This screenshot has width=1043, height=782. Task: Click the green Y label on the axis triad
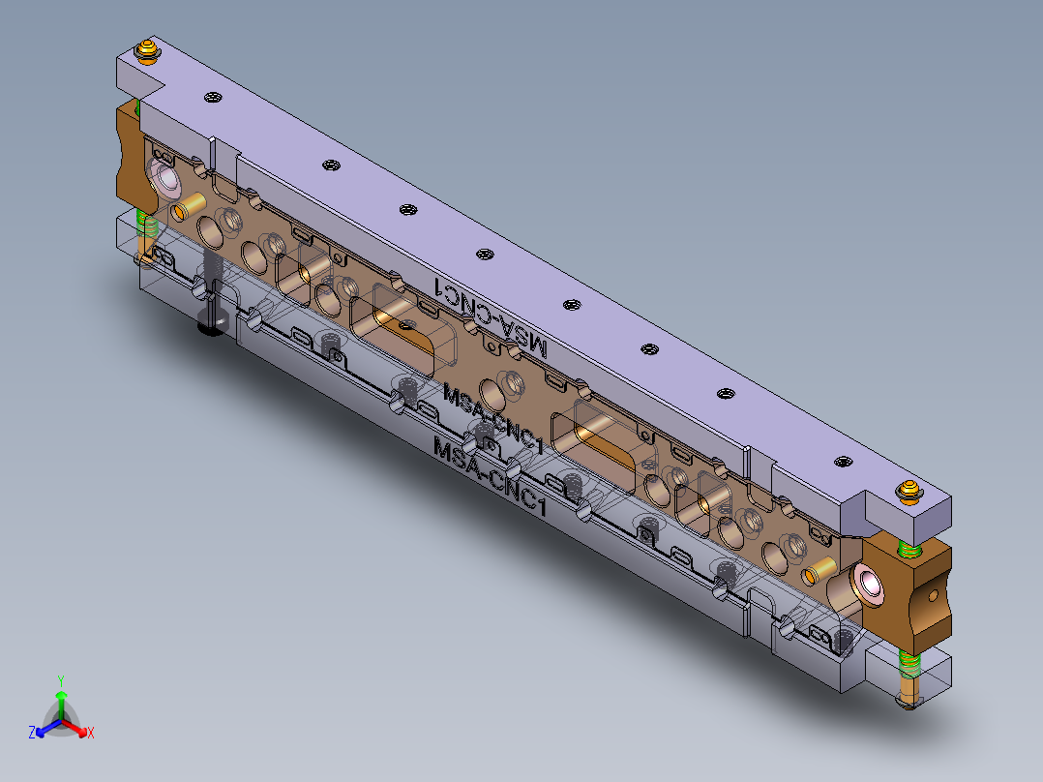[60, 679]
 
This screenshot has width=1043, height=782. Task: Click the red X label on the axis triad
[91, 734]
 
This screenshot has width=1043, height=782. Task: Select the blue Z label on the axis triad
[32, 734]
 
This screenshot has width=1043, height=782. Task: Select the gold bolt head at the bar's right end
[909, 491]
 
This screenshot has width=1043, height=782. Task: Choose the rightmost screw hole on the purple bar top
[843, 462]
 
